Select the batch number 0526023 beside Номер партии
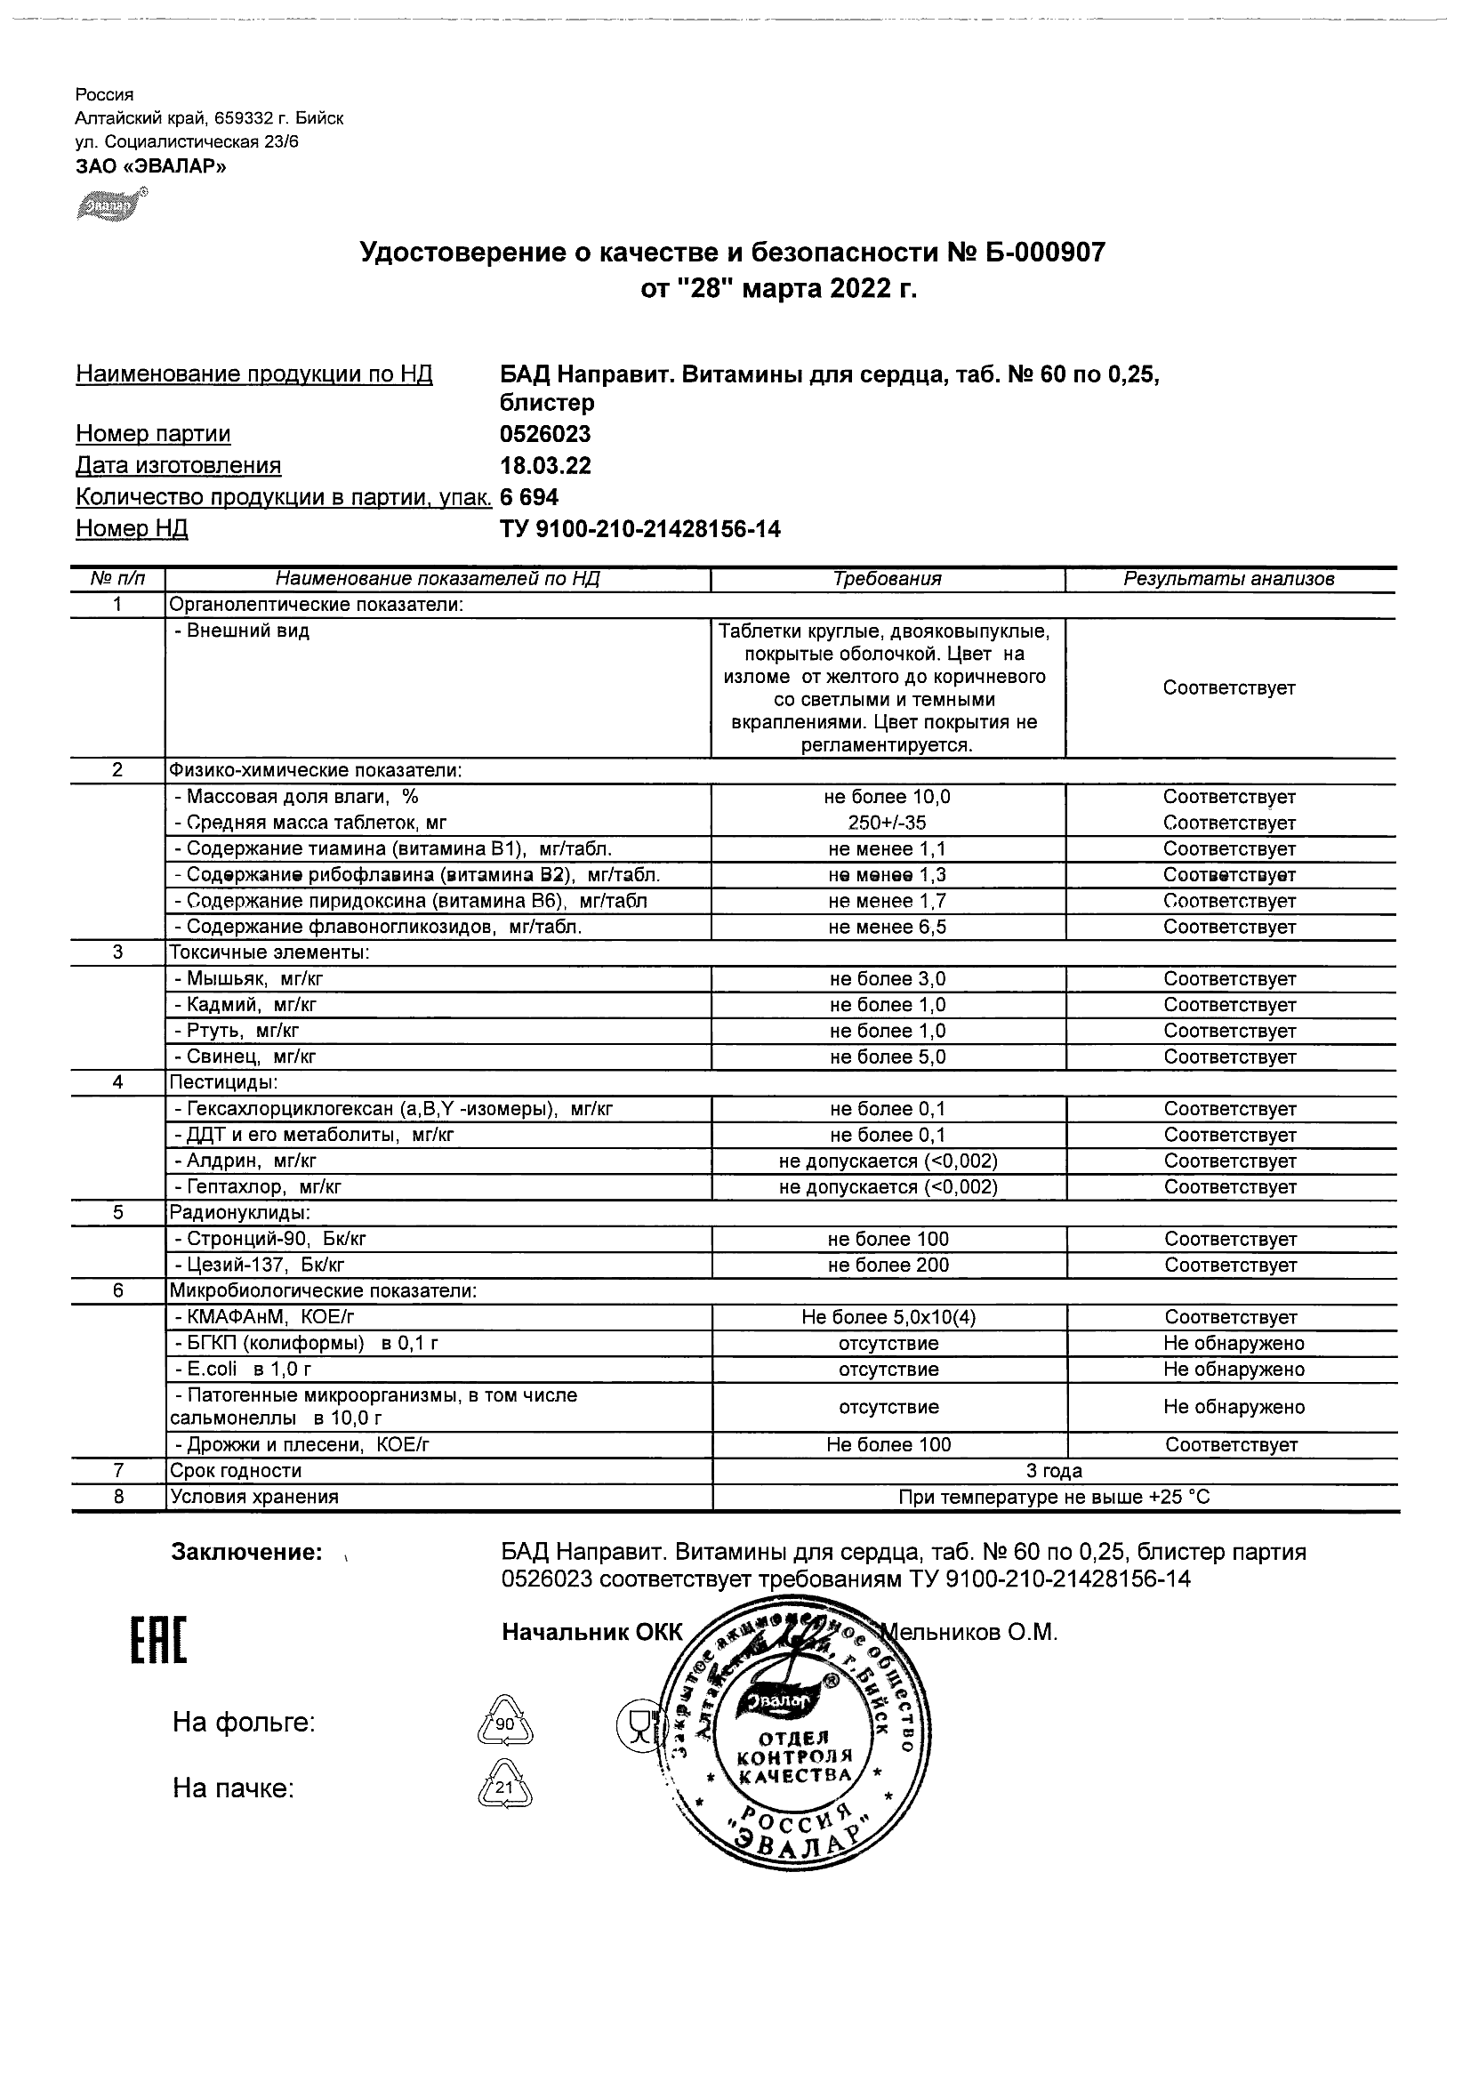pos(544,434)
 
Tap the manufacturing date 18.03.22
pos(544,466)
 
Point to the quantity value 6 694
pos(529,497)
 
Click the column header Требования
pos(888,579)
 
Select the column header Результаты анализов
pos(1228,579)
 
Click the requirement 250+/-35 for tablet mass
pos(888,823)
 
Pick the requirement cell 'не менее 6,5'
pos(888,928)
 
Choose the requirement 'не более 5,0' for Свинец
pos(888,1057)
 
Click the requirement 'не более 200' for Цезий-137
pos(888,1265)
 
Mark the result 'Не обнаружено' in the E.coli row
pos(1234,1370)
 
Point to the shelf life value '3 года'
pos(1053,1471)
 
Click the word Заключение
pos(246,1553)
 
